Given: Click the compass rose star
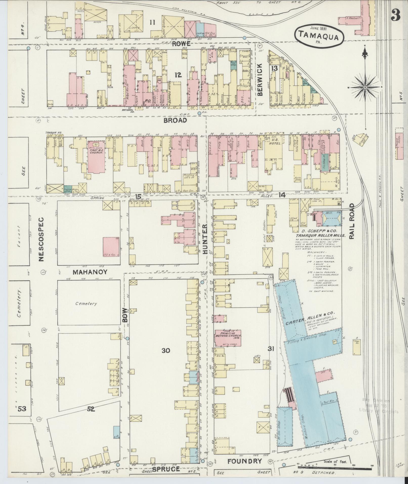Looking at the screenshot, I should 365,87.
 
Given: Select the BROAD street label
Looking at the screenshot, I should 175,120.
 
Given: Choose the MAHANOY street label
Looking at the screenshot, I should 90,272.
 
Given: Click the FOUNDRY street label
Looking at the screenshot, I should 244,461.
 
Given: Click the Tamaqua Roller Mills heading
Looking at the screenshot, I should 320,235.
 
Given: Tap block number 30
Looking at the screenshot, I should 166,350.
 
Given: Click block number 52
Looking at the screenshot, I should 91,409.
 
